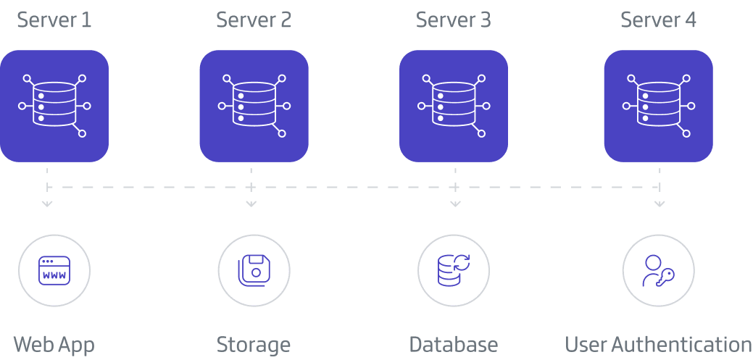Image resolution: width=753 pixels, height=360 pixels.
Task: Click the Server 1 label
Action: [x=54, y=20]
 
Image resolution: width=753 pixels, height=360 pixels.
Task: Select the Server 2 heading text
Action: [x=254, y=20]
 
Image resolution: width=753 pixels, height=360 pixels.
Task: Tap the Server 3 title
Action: [x=453, y=20]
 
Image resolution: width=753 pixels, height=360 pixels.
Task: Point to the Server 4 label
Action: [x=658, y=20]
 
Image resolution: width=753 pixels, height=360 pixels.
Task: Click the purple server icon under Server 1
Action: [x=54, y=106]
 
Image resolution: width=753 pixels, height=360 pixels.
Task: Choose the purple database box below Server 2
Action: [x=254, y=106]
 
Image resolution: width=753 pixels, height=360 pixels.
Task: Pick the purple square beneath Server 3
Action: [x=454, y=106]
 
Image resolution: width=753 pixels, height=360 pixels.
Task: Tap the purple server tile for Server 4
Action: [x=658, y=106]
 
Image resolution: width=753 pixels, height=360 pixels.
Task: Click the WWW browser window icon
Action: [x=54, y=270]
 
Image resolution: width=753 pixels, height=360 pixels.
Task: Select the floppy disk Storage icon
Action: [x=254, y=270]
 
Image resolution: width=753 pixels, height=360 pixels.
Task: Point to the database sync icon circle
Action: [x=454, y=270]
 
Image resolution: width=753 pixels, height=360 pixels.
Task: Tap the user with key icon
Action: [x=658, y=270]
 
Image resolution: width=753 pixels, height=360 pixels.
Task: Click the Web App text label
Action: [x=54, y=344]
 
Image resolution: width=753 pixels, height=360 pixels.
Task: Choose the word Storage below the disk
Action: [x=254, y=344]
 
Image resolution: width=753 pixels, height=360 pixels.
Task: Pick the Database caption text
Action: [x=454, y=344]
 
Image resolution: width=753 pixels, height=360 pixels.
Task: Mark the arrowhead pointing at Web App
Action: [x=47, y=204]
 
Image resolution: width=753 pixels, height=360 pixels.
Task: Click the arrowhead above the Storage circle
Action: [x=251, y=204]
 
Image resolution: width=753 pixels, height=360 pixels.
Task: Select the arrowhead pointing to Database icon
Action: [x=455, y=204]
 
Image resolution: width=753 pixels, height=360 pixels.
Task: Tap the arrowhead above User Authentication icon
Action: [x=660, y=204]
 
